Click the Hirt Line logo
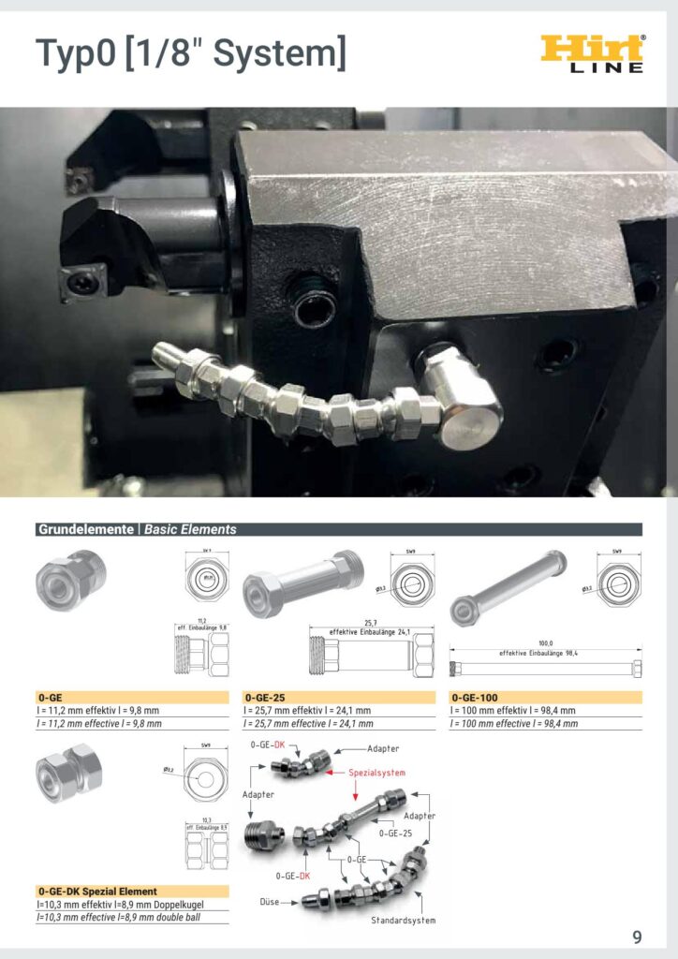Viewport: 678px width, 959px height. click(593, 53)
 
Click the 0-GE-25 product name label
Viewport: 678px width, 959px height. click(265, 697)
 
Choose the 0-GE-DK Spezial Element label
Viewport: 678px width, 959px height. click(97, 891)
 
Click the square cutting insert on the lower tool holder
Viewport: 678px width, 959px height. click(83, 282)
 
